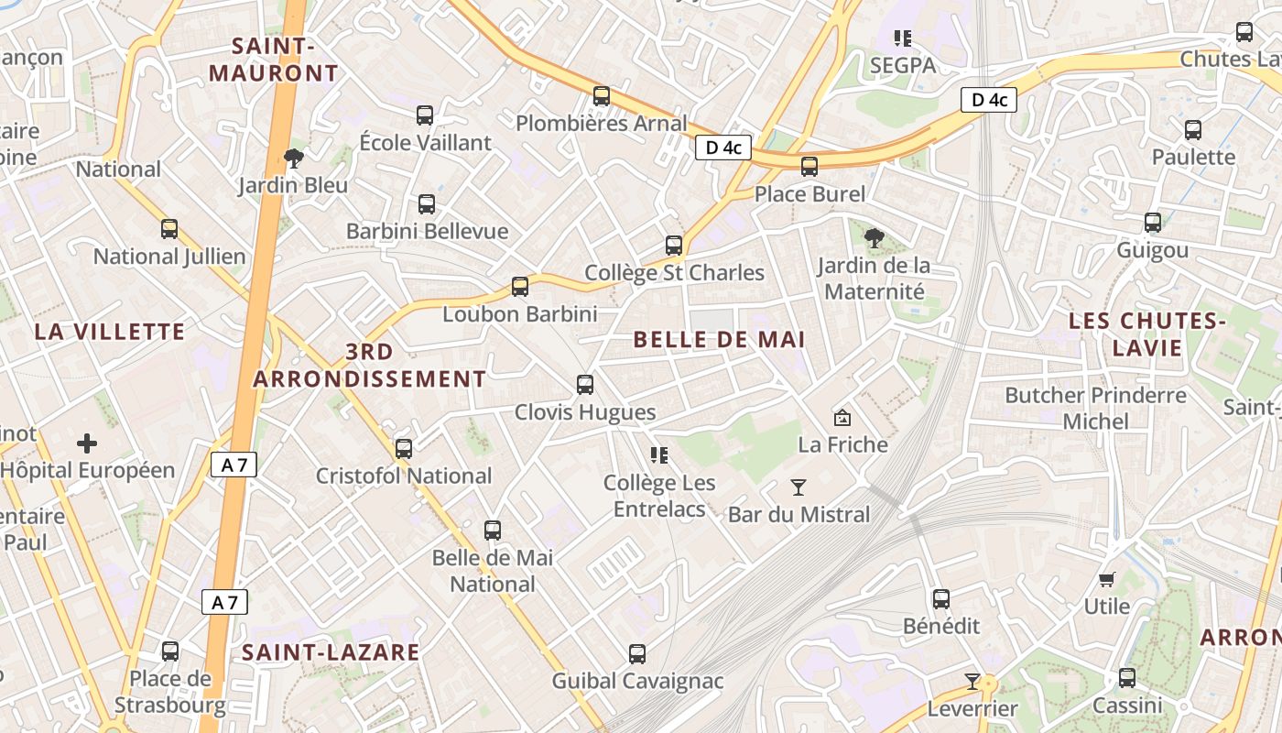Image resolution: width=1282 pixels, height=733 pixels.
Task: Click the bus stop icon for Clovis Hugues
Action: pyautogui.click(x=585, y=385)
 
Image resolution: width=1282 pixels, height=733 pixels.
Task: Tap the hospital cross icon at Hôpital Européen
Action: pyautogui.click(x=87, y=444)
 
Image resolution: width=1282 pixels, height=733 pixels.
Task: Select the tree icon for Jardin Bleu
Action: pyautogui.click(x=294, y=159)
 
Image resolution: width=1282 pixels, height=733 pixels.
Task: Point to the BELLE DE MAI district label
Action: pyautogui.click(x=719, y=340)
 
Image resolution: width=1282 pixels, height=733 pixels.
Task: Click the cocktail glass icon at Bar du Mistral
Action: pyautogui.click(x=799, y=487)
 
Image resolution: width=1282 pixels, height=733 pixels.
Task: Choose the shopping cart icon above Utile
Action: pyautogui.click(x=1106, y=579)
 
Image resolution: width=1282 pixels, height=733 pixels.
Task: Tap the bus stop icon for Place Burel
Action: pyautogui.click(x=809, y=167)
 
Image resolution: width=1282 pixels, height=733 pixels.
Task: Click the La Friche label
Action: pyautogui.click(x=843, y=445)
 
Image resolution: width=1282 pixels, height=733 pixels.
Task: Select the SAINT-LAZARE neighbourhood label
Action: pyautogui.click(x=331, y=652)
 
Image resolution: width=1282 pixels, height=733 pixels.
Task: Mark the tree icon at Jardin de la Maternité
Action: pyautogui.click(x=875, y=238)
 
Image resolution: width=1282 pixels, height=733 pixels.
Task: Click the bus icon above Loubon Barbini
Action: pyautogui.click(x=520, y=287)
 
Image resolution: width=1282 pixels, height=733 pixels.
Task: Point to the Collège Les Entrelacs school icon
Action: pyautogui.click(x=659, y=454)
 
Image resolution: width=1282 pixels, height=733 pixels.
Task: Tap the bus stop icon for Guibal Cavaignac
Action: pyautogui.click(x=637, y=654)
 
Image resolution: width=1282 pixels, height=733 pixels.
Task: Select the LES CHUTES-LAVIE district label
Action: pyautogui.click(x=1147, y=334)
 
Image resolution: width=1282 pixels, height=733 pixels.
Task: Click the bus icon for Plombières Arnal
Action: pyautogui.click(x=602, y=96)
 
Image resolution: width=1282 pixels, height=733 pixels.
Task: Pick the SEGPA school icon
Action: pyautogui.click(x=903, y=38)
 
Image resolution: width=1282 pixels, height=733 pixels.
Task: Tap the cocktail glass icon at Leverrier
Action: pyautogui.click(x=972, y=682)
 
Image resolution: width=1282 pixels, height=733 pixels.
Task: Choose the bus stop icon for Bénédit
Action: pyautogui.click(x=941, y=600)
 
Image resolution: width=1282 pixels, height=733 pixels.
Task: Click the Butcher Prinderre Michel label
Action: pyautogui.click(x=1095, y=409)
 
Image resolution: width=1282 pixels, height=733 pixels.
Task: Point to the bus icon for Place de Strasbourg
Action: pyautogui.click(x=170, y=651)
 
